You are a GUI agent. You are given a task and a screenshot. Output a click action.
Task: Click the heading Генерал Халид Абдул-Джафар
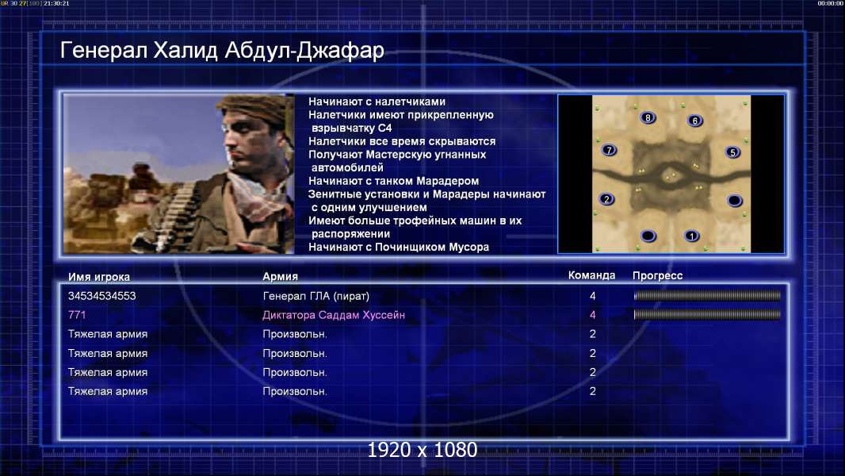click(222, 50)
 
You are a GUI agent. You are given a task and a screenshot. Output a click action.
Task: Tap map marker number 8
click(648, 117)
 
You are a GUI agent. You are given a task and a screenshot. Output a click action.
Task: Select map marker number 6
click(694, 121)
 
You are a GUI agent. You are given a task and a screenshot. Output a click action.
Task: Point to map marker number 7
click(609, 150)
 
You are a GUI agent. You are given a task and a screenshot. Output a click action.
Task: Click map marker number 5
click(732, 152)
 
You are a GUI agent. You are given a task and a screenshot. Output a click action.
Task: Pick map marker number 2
click(607, 199)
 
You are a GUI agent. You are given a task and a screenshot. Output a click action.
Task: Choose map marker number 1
click(691, 236)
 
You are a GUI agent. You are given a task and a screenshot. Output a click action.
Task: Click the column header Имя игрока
click(98, 277)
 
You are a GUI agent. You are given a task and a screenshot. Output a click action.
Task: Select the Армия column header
click(281, 276)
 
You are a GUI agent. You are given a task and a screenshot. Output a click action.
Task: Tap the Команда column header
click(591, 275)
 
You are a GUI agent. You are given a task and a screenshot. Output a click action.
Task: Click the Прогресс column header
click(657, 275)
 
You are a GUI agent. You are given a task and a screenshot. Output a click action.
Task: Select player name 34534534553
click(101, 296)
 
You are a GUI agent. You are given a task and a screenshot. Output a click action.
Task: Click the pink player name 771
click(77, 315)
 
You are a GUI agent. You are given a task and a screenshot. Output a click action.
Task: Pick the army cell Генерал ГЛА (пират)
click(315, 296)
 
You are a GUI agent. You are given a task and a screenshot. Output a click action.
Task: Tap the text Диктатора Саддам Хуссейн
click(334, 315)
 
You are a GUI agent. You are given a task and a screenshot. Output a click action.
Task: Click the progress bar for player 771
click(707, 314)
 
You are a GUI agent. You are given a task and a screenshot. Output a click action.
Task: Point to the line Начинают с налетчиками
click(377, 102)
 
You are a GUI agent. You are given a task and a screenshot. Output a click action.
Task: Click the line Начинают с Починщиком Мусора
click(399, 247)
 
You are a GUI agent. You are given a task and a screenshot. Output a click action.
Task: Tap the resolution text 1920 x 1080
click(422, 450)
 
